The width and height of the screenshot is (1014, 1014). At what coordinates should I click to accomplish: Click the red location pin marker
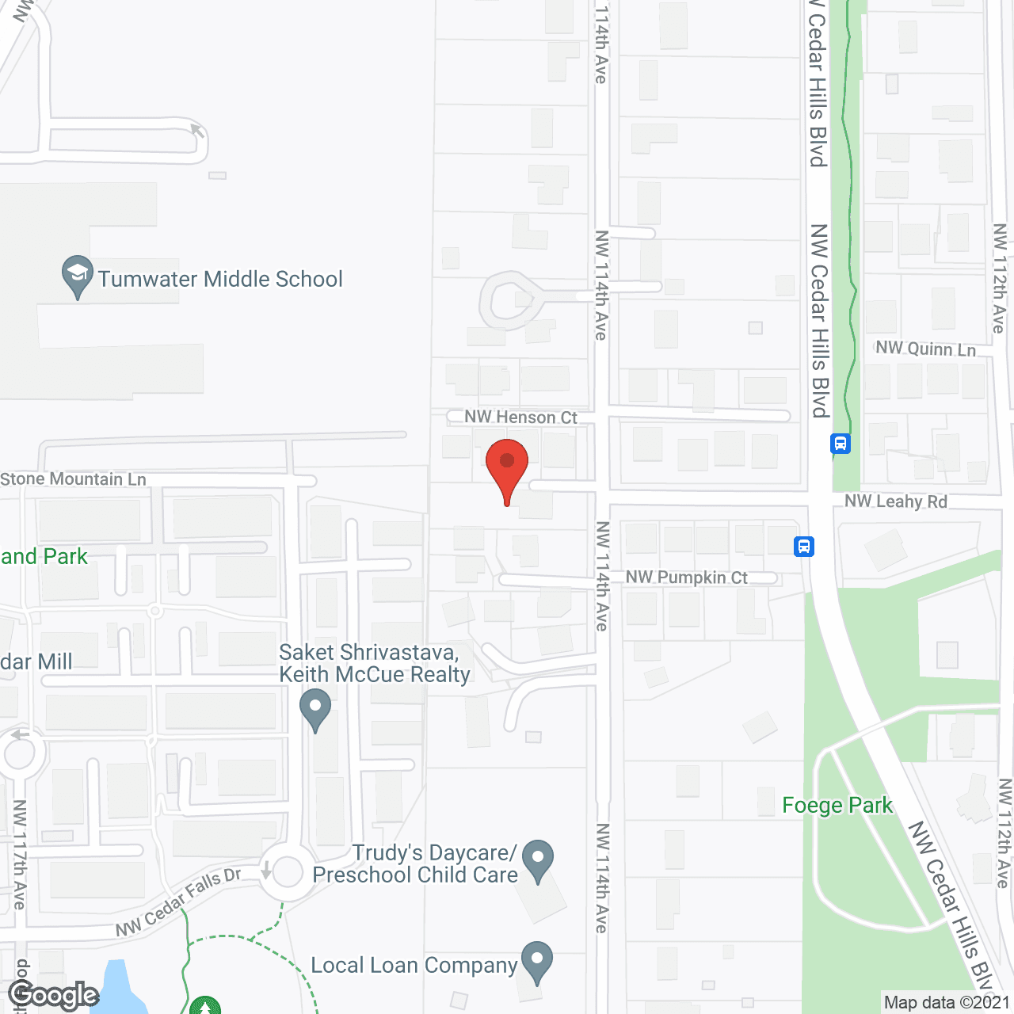coord(507,467)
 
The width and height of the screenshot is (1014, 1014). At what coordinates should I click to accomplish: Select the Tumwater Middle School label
coord(220,279)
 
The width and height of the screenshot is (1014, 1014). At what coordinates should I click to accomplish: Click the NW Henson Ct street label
coord(520,417)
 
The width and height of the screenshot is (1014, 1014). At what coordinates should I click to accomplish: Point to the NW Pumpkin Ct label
coord(686,578)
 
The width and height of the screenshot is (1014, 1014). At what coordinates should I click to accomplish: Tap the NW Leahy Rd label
coord(895,501)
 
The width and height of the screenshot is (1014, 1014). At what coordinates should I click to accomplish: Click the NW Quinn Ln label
coord(925,349)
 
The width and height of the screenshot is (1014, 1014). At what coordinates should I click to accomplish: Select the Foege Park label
coord(837,806)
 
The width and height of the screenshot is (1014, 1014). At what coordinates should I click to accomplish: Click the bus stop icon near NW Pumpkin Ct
coord(804,547)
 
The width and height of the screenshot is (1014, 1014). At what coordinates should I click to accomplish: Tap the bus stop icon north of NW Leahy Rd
coord(841,444)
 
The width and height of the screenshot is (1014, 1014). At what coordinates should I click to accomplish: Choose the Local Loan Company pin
coord(537,961)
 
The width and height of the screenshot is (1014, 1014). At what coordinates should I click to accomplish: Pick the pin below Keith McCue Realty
coord(315,709)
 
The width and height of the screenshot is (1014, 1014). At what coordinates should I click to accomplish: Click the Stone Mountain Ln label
coord(73,479)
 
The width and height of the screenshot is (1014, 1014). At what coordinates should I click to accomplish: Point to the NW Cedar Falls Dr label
coord(178,902)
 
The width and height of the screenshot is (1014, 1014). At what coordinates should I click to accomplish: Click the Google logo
coord(53,995)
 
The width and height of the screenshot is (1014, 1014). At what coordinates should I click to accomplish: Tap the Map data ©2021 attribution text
coord(947,1002)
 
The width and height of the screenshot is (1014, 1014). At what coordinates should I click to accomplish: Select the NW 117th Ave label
coord(19,854)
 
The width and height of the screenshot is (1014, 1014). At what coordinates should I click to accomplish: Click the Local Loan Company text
coord(414,966)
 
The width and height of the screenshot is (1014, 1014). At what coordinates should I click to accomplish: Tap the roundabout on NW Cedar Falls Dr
coord(288,872)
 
